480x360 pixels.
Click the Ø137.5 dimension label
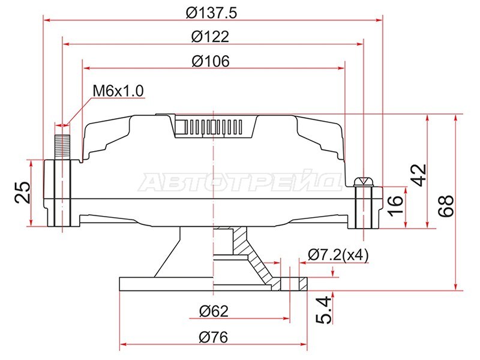(211, 13)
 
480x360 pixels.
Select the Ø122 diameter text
(211, 37)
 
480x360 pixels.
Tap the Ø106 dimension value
(211, 61)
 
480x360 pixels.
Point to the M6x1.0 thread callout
(118, 91)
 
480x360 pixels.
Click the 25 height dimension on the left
(23, 193)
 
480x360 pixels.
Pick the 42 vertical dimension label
(418, 175)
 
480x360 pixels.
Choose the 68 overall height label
(446, 206)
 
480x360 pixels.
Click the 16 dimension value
(395, 205)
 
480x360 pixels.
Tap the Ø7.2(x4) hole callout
(338, 254)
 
